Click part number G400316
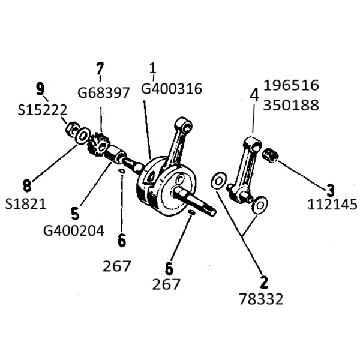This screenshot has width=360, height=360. click(x=172, y=88)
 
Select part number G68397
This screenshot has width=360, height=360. click(x=104, y=93)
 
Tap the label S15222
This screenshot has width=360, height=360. click(x=43, y=110)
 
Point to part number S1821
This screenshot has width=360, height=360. click(x=26, y=203)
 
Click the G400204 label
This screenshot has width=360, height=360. click(x=74, y=230)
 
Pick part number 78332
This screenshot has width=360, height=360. click(x=261, y=299)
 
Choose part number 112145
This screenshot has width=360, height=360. click(x=332, y=205)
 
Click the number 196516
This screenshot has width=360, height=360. click(x=291, y=85)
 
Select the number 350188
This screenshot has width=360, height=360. click(x=291, y=105)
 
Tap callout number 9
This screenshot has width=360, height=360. click(x=40, y=89)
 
